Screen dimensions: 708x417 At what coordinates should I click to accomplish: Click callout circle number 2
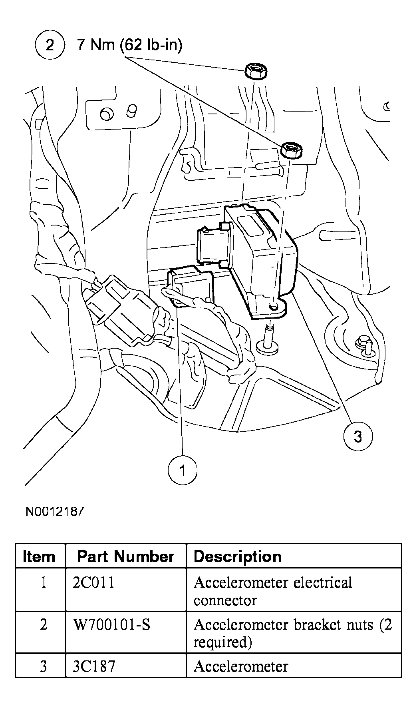tap(50, 45)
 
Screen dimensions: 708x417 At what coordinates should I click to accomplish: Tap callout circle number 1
tap(183, 471)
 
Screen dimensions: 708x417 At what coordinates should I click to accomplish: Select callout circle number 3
tap(357, 436)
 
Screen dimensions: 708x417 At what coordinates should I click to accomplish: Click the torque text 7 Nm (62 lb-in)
tap(129, 45)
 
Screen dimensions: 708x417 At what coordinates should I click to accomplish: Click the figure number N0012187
tap(55, 511)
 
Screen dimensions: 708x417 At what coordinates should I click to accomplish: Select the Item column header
tap(39, 556)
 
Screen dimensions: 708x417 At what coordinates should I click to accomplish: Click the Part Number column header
tap(125, 556)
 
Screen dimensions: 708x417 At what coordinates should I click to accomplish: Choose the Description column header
tap(237, 556)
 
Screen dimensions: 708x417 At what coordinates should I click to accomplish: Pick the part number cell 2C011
tap(94, 582)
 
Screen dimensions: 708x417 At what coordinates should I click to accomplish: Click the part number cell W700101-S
tap(112, 624)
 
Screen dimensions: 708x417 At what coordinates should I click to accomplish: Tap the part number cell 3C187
tap(94, 666)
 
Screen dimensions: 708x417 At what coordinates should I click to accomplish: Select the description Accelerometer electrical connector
tap(272, 591)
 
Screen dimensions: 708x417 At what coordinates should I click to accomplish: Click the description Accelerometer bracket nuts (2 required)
tap(292, 633)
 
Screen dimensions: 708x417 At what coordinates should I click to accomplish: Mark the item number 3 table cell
tap(43, 666)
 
